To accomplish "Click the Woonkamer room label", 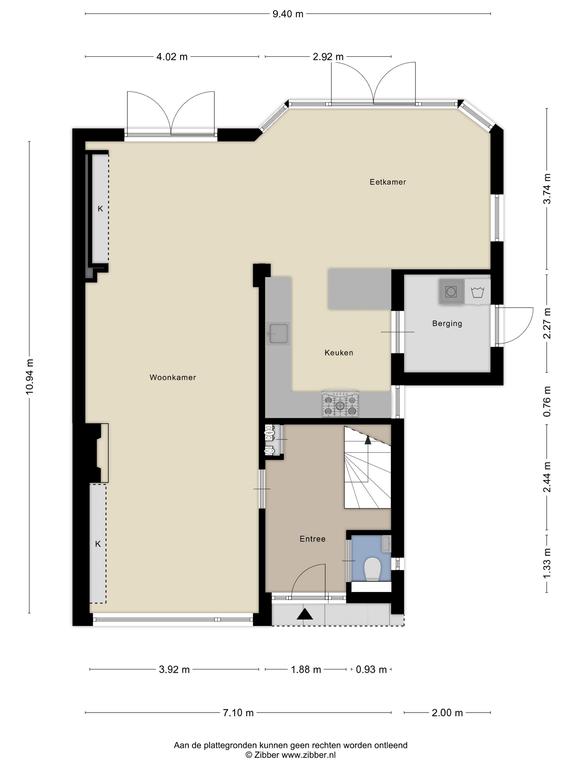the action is (173, 377).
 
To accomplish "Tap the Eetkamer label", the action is (388, 182).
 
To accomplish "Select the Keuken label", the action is (339, 353).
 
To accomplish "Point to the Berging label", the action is (447, 323).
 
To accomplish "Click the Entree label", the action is (312, 539).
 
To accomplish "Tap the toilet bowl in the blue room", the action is (373, 570).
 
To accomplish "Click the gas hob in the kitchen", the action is (340, 404).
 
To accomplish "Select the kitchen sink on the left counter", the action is (279, 334).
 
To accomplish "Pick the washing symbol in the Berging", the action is (477, 292).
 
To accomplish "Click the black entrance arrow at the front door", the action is (305, 614).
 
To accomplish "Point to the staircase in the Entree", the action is (367, 468).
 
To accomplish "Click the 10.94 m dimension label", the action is (30, 377).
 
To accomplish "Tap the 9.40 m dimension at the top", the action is (288, 14).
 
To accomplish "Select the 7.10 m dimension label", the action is (239, 713).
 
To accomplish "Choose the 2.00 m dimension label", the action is (447, 713).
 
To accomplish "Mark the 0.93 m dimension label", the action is (371, 669).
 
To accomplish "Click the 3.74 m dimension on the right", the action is (547, 189).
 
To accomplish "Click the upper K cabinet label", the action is (100, 209).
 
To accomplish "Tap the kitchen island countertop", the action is (360, 288).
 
